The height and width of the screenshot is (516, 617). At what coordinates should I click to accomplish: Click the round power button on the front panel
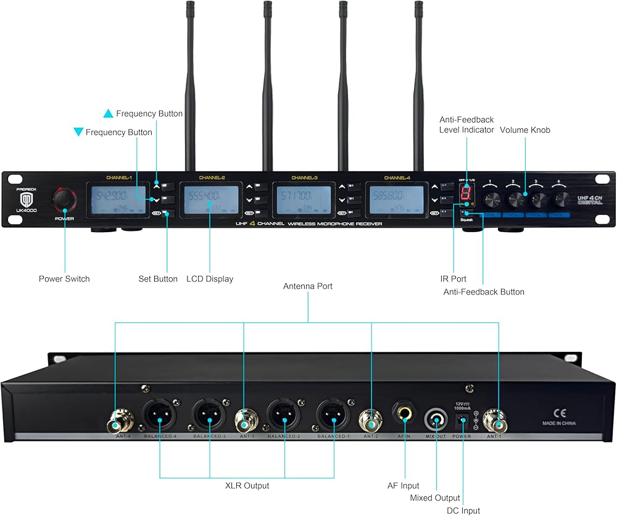click(64, 199)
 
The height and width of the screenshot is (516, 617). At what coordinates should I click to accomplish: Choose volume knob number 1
click(492, 199)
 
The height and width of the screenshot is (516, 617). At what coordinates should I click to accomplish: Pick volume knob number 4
click(561, 199)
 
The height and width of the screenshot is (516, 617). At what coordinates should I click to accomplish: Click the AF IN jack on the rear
click(405, 415)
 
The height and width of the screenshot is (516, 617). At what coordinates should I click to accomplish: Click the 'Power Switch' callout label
click(64, 279)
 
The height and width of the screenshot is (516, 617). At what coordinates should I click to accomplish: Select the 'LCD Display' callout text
click(210, 279)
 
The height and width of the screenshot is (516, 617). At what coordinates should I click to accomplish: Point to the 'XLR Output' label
click(247, 486)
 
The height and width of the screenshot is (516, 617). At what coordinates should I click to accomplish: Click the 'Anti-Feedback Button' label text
click(484, 292)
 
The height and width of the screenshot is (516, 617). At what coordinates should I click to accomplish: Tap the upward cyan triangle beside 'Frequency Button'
click(108, 114)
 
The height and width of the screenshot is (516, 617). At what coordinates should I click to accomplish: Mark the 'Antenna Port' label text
click(308, 286)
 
